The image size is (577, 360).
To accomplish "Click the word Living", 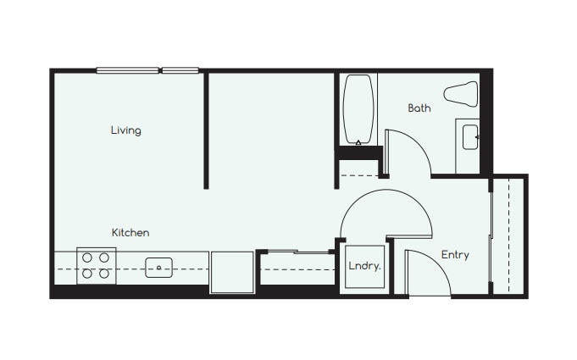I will pos(125,130).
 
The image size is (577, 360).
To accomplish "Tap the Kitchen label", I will pos(130,232).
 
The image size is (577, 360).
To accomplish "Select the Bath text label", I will pos(419,108).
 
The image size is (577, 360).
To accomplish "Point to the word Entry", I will pos(454,255).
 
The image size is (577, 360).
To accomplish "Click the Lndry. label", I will pos(364,266).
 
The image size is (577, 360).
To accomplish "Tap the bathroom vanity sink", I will pos(469,136).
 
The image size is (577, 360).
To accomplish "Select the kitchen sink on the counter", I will pos(158,268).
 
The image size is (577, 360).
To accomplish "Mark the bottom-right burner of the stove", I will pos(104,274).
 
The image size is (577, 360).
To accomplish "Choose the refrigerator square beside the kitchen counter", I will pos(231,271).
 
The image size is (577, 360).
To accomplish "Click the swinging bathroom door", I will pos(407,152).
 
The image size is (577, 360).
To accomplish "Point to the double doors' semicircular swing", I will pos(386,212).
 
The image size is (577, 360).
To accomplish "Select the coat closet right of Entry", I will pos(509,235).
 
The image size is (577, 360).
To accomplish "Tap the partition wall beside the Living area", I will pos(206,131).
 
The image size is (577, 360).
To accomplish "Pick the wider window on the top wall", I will pos(127,70).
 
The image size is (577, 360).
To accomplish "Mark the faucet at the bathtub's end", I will pos(359,142).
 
